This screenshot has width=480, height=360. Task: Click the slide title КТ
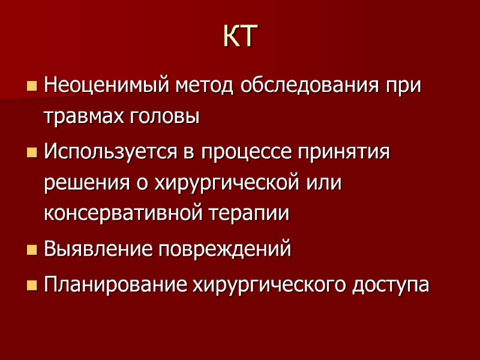point(239,37)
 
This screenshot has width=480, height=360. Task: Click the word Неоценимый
point(107,85)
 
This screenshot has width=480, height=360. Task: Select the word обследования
point(310,85)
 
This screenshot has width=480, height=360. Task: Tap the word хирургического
point(265,283)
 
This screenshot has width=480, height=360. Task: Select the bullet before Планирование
point(31,283)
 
